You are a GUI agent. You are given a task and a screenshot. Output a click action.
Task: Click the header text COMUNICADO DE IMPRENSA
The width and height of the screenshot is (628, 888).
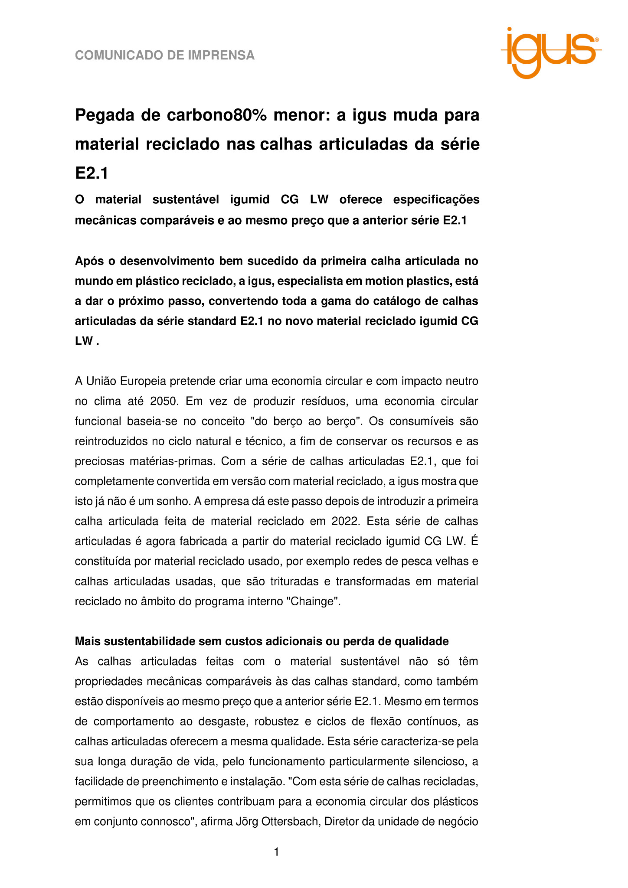click(165, 55)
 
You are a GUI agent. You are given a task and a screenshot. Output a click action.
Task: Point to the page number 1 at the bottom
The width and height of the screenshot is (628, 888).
click(277, 852)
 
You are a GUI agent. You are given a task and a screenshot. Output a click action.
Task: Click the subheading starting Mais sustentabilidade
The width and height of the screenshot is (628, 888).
click(262, 641)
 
